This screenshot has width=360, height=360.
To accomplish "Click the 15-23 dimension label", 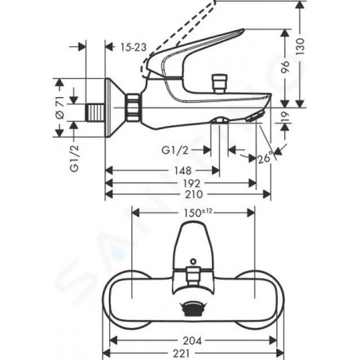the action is point(133,47).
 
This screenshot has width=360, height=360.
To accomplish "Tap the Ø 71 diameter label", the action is point(60,108).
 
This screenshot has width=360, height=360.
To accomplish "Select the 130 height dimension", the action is point(300,46).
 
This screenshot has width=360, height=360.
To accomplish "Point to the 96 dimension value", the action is point(285,67).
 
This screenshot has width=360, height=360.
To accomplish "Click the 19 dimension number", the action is point(285,117).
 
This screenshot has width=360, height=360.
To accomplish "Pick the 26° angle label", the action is point(265,158).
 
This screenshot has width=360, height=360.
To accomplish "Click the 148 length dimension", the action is point(182,170).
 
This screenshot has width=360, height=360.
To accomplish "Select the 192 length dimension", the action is point(192,183).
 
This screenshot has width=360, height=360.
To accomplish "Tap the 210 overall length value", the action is point(194,194).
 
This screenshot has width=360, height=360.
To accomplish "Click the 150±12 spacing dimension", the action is point(198,213).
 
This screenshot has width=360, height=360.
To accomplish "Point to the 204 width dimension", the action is point(192,341).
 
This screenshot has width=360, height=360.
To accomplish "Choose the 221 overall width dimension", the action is point(182,354).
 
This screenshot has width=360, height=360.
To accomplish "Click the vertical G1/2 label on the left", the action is point(75,158).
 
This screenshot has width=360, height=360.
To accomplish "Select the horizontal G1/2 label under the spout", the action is point(175,151).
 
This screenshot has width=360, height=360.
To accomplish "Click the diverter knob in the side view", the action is point(220,84).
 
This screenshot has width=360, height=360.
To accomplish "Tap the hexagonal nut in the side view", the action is point(133,108).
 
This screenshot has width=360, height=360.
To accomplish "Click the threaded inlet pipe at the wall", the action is point(95,113).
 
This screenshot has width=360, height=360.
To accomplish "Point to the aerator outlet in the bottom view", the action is point(191,309).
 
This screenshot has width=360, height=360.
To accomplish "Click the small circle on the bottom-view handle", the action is point(194,261).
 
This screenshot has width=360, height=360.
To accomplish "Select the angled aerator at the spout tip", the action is point(255,116).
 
